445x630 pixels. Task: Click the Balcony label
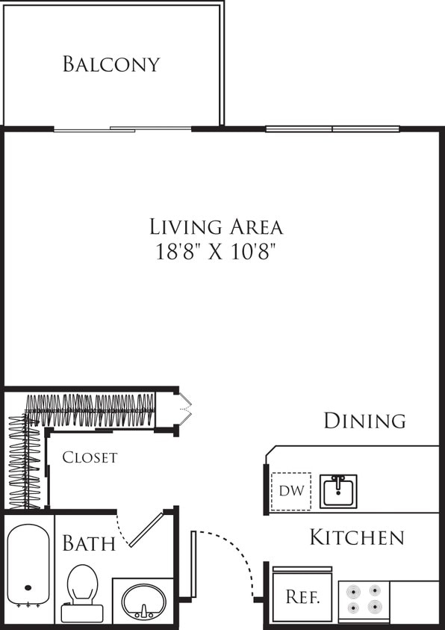(x=111, y=64)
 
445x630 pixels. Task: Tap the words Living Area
(x=217, y=226)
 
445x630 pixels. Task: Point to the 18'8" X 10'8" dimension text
(x=217, y=251)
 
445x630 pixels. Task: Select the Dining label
(x=364, y=421)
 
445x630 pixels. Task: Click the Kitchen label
(x=357, y=537)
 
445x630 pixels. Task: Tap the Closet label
(x=90, y=457)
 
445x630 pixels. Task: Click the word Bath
(x=89, y=543)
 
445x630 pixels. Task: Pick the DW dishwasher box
(x=290, y=492)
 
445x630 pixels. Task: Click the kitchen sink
(x=338, y=491)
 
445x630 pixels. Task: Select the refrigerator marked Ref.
(x=303, y=596)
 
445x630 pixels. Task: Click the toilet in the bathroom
(x=81, y=593)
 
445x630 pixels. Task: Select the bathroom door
(x=146, y=529)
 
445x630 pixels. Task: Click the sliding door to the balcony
(x=123, y=129)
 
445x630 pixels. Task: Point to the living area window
(x=332, y=129)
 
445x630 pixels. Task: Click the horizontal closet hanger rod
(x=93, y=412)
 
